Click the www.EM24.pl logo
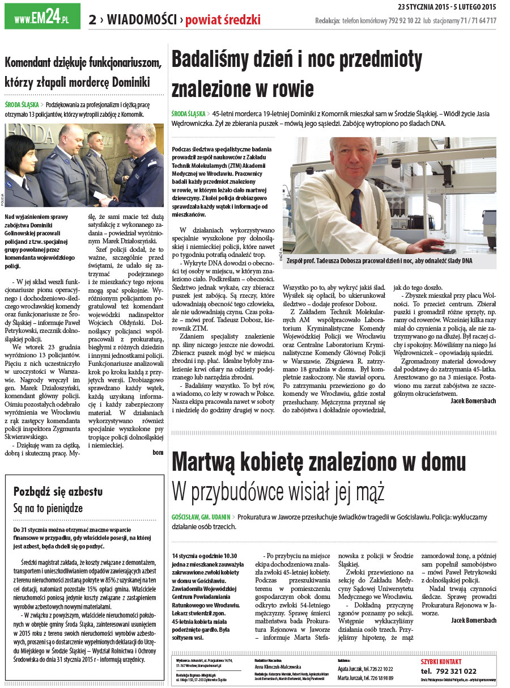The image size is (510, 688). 42,17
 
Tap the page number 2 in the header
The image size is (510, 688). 92,20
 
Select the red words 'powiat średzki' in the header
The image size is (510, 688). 223,20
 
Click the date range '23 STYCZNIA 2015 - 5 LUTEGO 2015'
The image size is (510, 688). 447,7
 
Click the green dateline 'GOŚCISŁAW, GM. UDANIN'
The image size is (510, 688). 201,517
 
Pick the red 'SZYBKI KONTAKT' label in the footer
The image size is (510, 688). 441,661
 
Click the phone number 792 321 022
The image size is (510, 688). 448,671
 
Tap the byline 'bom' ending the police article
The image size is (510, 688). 158,453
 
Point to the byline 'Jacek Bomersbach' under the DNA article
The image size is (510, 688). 473,401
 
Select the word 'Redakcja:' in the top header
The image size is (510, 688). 328,21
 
